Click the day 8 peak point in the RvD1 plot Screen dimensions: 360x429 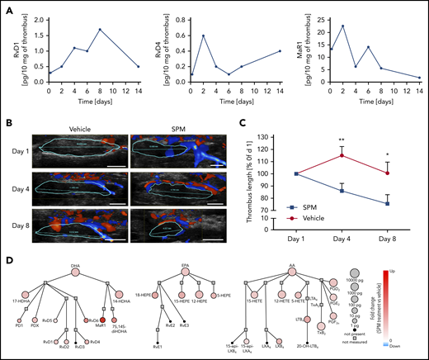(x=100, y=30)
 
